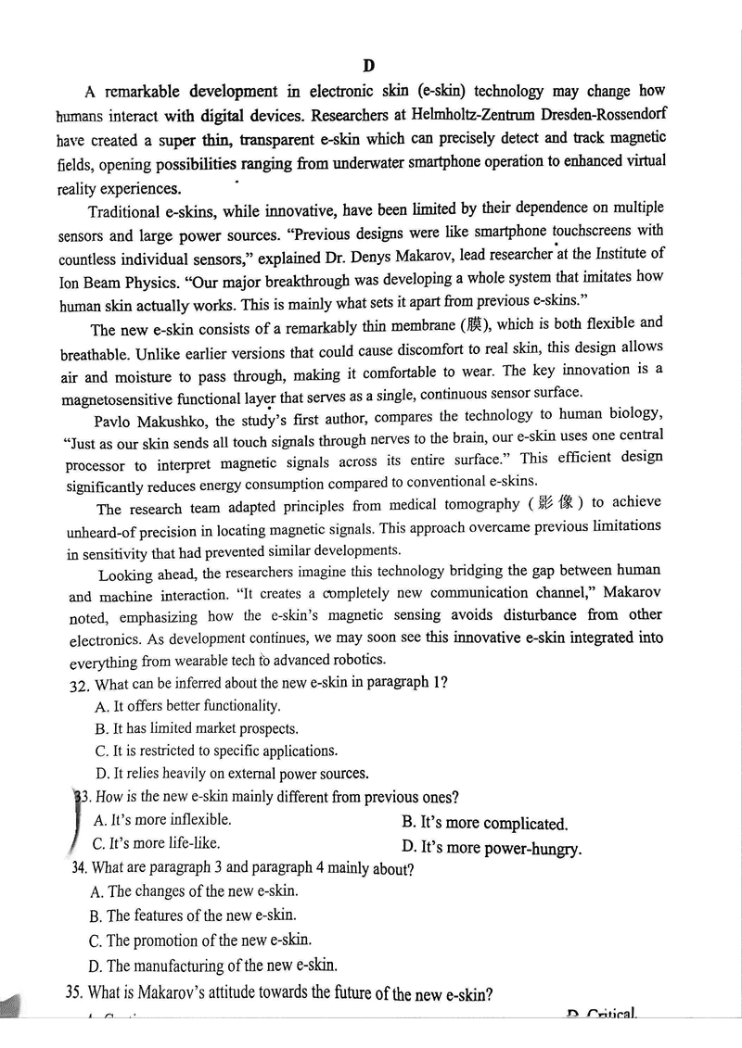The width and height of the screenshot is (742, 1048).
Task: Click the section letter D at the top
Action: [x=368, y=65]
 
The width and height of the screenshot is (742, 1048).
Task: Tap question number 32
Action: [x=80, y=685]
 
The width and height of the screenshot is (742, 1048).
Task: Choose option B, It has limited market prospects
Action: [x=196, y=729]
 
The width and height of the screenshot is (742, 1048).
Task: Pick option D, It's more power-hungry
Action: [x=492, y=848]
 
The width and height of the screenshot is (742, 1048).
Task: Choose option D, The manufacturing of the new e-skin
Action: [x=212, y=966]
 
